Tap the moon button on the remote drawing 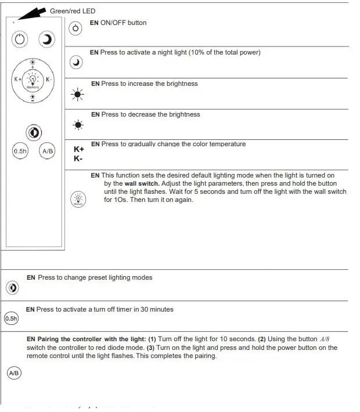click(46, 39)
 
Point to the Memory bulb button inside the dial click(33, 79)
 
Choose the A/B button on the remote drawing click(47, 151)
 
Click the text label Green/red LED click(73, 11)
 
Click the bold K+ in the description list click(79, 149)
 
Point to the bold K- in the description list click(78, 158)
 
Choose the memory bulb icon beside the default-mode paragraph click(78, 199)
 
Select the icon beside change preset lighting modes click(13, 287)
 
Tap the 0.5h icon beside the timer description click(12, 319)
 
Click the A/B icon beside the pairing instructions click(13, 373)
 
